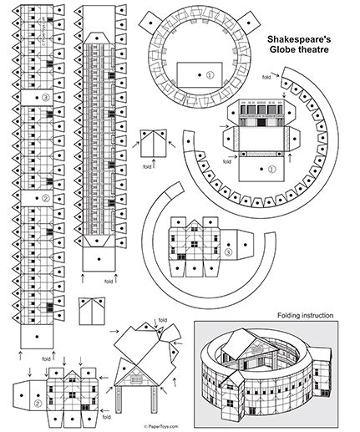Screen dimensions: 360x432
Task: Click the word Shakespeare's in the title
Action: point(299,39)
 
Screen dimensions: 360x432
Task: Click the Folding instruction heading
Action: point(305,316)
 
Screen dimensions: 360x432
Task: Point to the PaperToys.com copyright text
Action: point(161,426)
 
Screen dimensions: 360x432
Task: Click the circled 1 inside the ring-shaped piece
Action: point(210,75)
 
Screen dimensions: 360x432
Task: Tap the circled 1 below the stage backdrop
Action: point(271,169)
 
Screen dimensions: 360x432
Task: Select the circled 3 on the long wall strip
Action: point(46,98)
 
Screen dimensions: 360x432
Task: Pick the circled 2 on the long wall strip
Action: point(46,198)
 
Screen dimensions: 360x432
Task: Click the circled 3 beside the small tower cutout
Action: point(228,252)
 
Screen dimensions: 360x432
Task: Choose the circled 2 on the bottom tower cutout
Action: point(38,403)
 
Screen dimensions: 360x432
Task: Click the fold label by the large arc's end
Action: point(266,77)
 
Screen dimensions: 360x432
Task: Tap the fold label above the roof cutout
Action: point(163,320)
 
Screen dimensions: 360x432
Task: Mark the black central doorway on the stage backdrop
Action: point(261,122)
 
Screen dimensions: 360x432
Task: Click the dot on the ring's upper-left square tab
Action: point(150,23)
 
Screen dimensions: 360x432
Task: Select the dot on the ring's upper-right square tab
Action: point(249,23)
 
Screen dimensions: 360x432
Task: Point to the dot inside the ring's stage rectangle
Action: point(200,74)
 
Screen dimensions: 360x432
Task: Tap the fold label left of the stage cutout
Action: point(227,161)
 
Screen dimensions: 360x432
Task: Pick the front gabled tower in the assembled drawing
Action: point(233,395)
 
